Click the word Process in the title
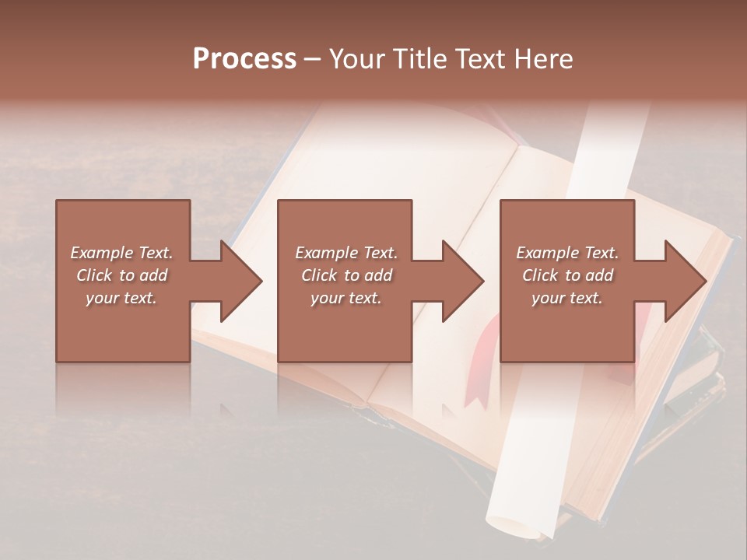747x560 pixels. click(244, 58)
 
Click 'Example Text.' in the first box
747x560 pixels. click(122, 253)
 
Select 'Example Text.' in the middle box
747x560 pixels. click(346, 253)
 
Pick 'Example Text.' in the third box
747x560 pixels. click(567, 253)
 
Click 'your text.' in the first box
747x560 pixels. click(121, 298)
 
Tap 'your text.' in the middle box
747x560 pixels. click(346, 298)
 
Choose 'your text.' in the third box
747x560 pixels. click(567, 298)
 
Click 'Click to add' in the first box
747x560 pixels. click(122, 275)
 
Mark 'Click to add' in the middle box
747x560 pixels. click(346, 275)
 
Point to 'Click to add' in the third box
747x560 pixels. click(567, 275)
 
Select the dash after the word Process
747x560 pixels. click(313, 59)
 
